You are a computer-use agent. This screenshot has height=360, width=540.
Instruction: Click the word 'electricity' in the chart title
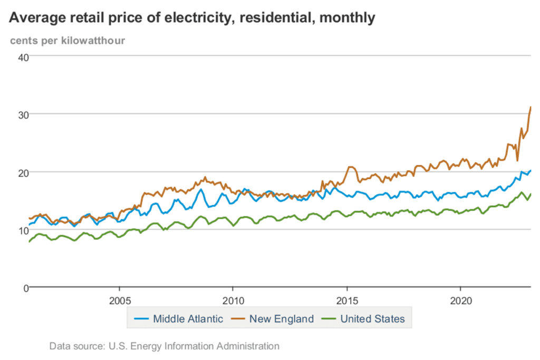coord(201,17)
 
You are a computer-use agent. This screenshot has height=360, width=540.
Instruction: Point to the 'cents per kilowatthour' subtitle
coord(67,40)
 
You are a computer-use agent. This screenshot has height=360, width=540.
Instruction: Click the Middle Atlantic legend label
coord(188,318)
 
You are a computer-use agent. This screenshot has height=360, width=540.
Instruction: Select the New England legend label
coord(282,318)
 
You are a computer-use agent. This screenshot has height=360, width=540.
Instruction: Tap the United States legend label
coord(372,318)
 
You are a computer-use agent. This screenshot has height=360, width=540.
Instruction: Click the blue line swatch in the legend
coord(141,318)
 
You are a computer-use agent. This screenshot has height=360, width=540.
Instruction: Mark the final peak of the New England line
coord(530,107)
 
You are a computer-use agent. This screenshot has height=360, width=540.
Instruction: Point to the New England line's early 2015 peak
coord(350,167)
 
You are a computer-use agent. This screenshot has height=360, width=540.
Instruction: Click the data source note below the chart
coord(164,346)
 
